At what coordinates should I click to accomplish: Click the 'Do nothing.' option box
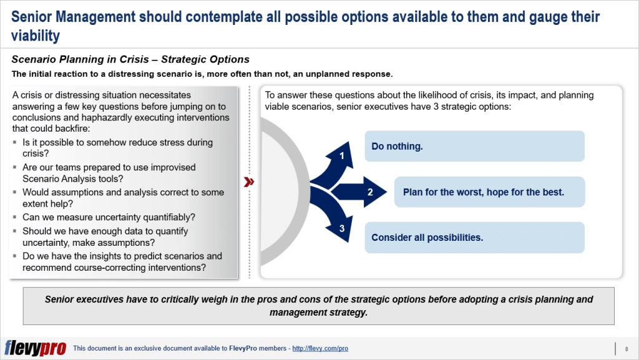point(474,147)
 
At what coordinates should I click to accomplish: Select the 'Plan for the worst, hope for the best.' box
point(489,192)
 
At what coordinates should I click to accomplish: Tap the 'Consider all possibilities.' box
point(474,238)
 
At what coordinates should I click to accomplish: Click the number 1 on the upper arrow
point(342,155)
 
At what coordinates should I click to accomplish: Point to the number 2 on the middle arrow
point(370,192)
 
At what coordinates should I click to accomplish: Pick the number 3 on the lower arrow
point(342,229)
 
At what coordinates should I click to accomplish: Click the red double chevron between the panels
point(249,182)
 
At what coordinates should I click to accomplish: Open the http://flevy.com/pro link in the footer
point(320,348)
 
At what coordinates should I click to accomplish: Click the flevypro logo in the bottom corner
point(35,348)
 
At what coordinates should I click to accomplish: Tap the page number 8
point(625,348)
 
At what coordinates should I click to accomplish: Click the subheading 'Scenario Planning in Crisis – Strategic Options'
point(130,60)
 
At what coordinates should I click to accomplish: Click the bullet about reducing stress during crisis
point(117,148)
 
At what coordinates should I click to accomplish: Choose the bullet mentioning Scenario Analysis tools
point(109,173)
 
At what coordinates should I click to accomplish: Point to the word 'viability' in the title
point(36,36)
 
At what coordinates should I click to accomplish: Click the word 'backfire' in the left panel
point(77,128)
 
